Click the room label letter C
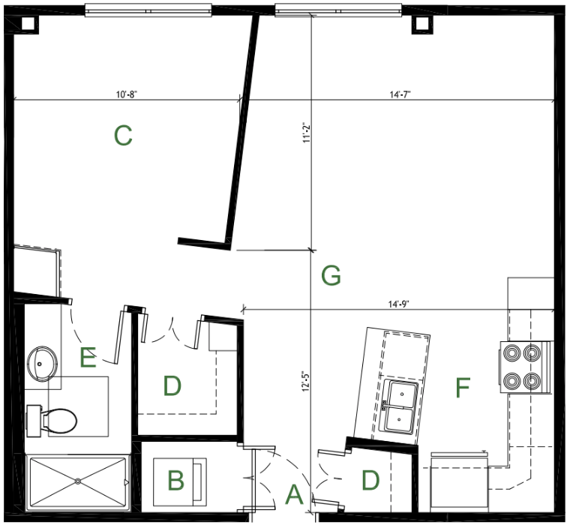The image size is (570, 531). tap(123, 136)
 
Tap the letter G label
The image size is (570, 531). tap(331, 275)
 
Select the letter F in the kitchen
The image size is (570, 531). tap(463, 388)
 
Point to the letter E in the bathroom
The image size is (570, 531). tap(88, 357)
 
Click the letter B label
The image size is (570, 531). tap(176, 480)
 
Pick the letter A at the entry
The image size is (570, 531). tap(294, 494)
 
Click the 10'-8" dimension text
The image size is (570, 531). tap(127, 94)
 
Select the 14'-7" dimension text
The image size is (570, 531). tap(400, 94)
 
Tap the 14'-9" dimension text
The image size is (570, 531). tap(398, 304)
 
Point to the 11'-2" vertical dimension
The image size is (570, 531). tap(307, 133)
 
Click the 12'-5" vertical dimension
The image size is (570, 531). tap(306, 381)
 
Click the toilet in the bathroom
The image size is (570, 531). tap(52, 421)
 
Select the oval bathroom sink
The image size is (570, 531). tap(42, 364)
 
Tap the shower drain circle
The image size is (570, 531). tap(77, 481)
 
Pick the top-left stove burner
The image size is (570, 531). tap(511, 353)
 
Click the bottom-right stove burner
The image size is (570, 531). tap(532, 381)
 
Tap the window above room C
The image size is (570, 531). tap(148, 10)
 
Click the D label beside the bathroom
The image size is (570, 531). tap(172, 385)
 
